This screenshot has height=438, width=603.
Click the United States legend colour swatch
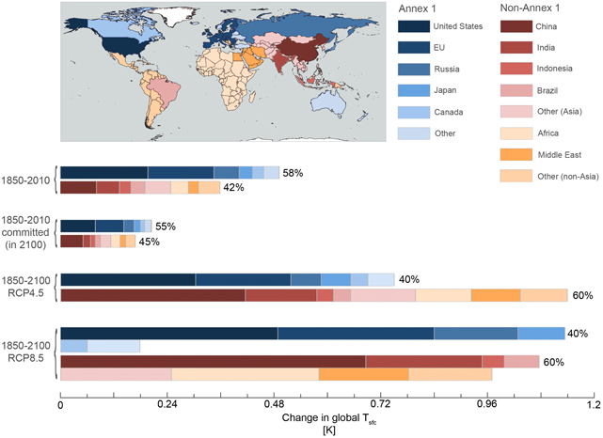[x=410, y=26]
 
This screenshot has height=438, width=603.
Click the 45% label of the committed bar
[x=149, y=242]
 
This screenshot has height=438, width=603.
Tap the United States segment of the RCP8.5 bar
[x=168, y=333]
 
